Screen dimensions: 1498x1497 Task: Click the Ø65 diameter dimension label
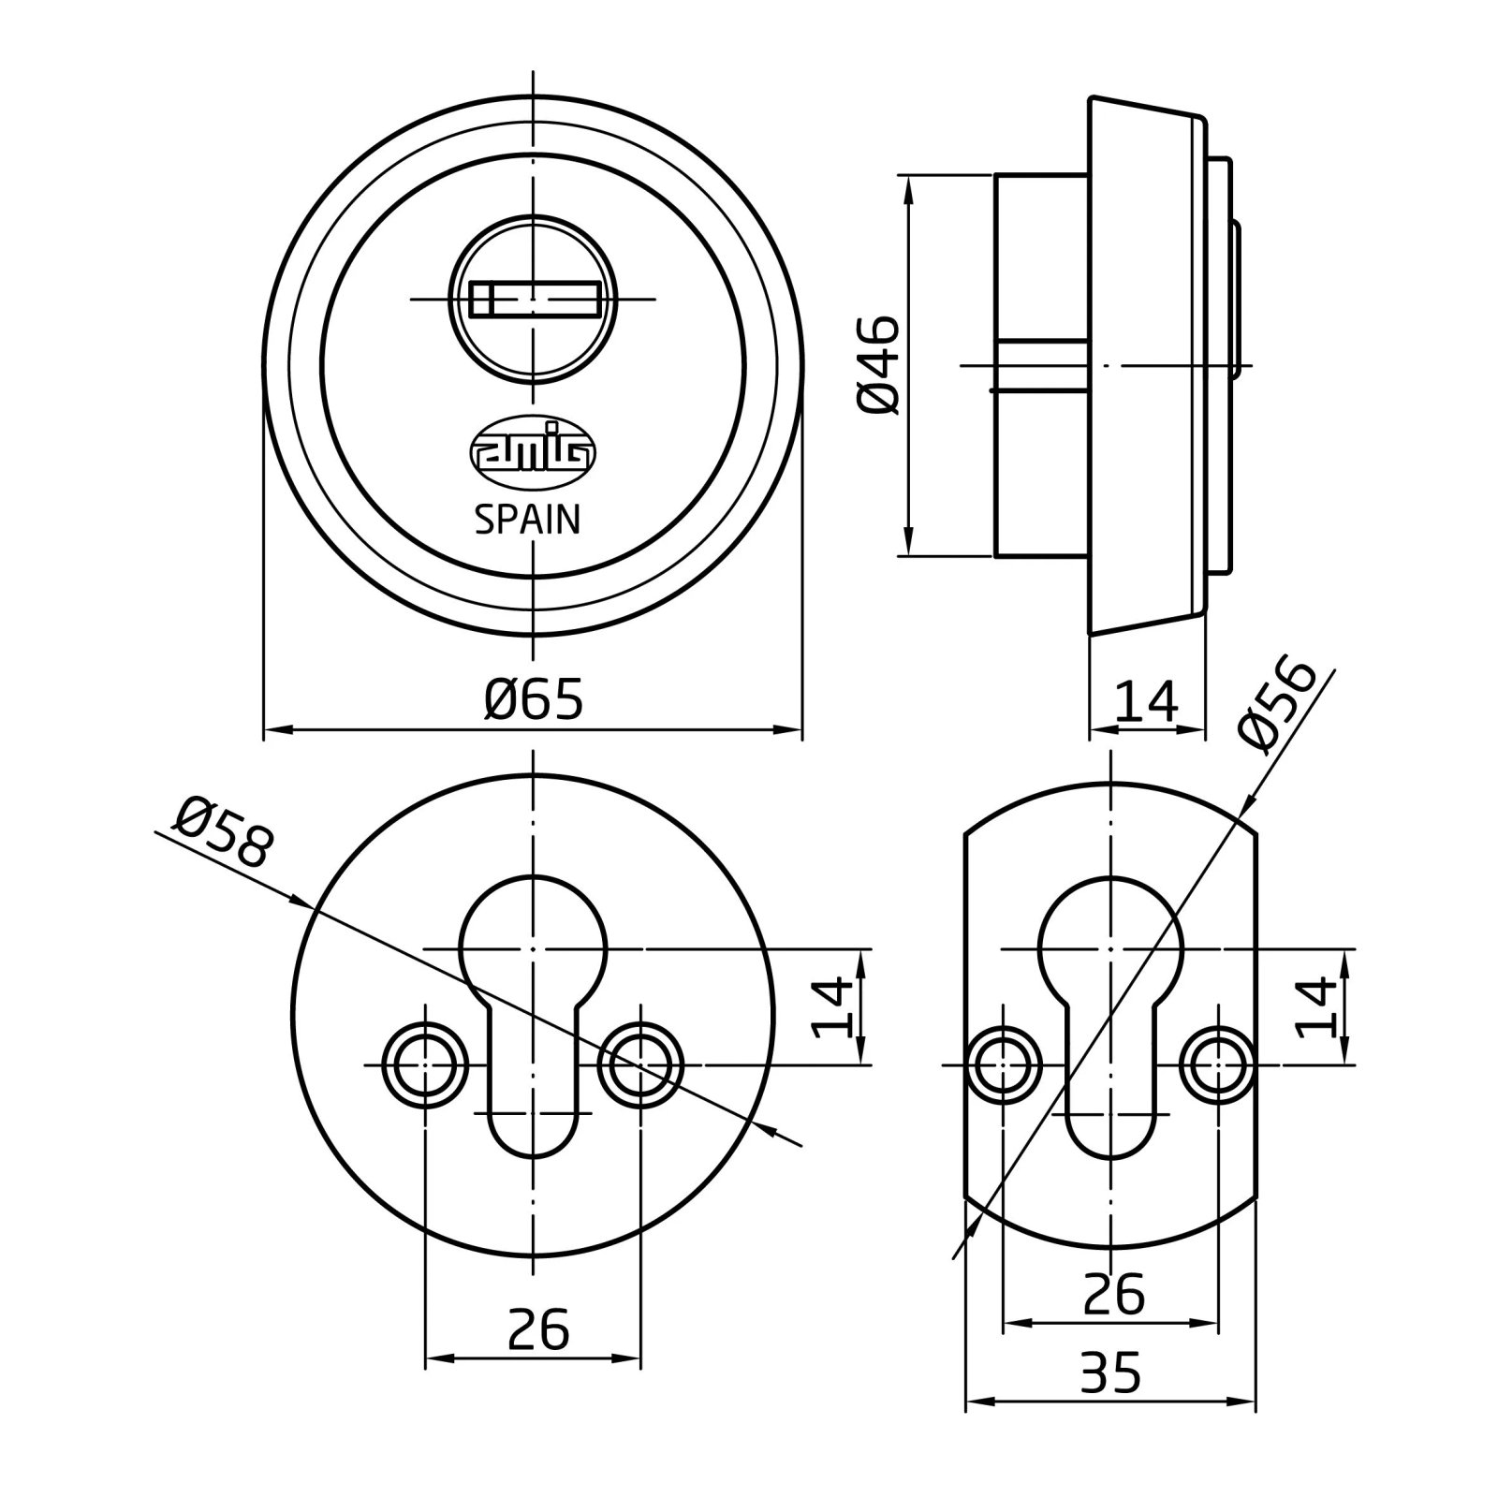click(x=535, y=699)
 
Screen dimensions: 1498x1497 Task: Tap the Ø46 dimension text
click(x=877, y=364)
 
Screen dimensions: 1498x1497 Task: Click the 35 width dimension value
click(x=1110, y=1400)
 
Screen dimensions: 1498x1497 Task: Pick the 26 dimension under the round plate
click(x=538, y=1329)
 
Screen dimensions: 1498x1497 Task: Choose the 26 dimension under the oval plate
click(x=1113, y=1295)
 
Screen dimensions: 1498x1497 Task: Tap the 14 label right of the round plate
click(x=832, y=1007)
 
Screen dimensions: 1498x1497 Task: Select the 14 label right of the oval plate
click(x=1317, y=1007)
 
